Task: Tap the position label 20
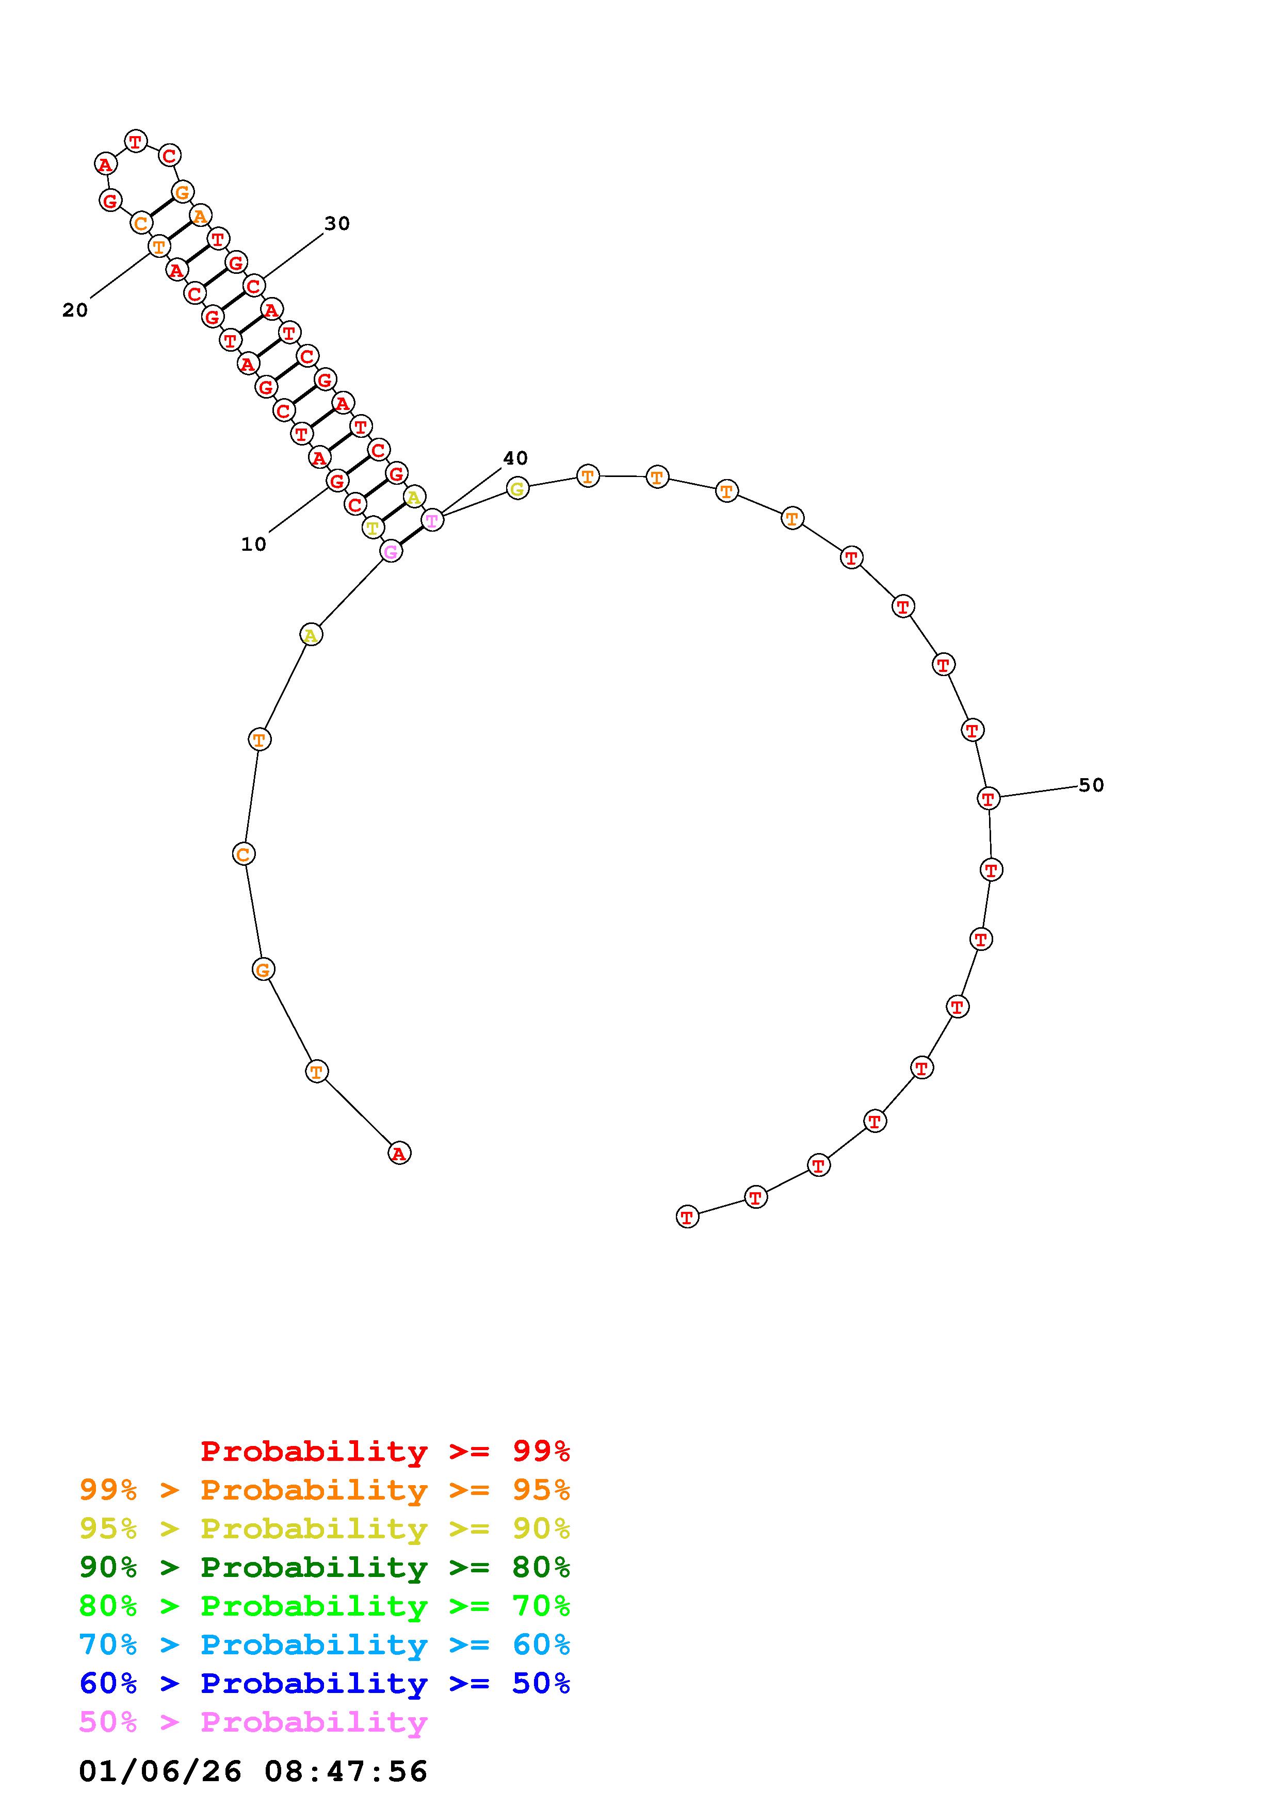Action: click(x=75, y=310)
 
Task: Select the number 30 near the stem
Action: click(x=337, y=224)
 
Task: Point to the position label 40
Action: click(x=515, y=458)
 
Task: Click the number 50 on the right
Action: click(x=1091, y=785)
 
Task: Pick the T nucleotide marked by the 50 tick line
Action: click(x=988, y=798)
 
